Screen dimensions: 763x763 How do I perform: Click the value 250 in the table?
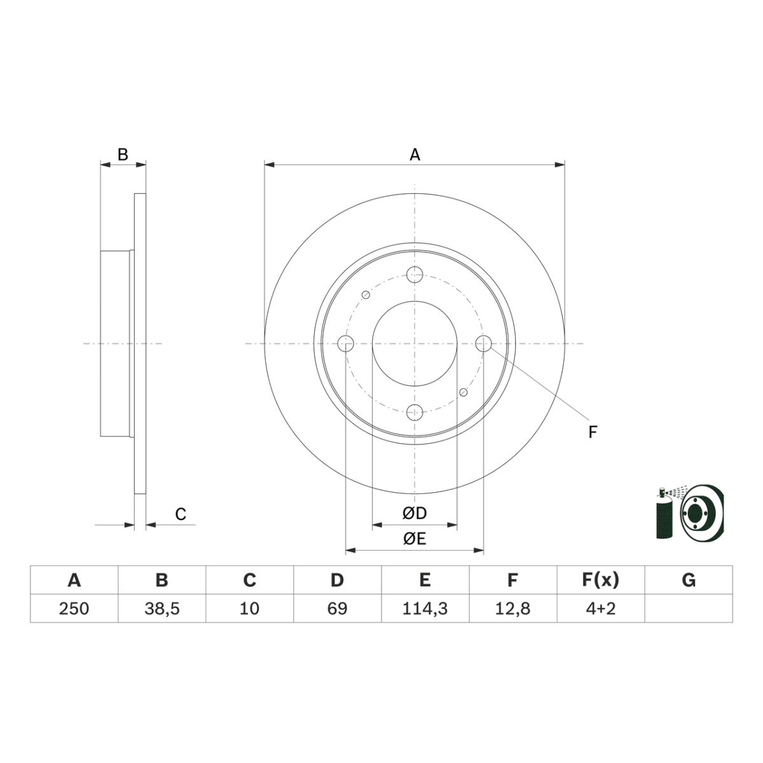click(74, 608)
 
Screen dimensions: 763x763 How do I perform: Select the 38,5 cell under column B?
click(162, 608)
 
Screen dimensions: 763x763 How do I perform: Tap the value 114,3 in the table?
click(425, 608)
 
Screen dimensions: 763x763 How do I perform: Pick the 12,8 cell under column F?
click(512, 608)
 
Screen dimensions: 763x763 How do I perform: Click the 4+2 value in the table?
click(600, 608)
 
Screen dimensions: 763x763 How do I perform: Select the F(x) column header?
click(600, 580)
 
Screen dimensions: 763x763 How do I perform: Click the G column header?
click(688, 580)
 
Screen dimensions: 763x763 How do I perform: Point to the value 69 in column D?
click(337, 608)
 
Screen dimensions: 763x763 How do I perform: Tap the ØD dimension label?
click(414, 513)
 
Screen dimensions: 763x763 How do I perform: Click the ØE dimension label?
click(414, 539)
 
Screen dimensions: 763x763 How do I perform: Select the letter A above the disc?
click(415, 155)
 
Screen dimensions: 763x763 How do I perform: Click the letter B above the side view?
click(123, 155)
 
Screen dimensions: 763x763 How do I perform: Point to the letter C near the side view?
click(181, 514)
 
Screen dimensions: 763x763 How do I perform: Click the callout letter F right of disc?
click(593, 433)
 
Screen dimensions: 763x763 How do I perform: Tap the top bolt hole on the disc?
click(415, 275)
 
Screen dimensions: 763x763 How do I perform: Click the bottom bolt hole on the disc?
click(415, 412)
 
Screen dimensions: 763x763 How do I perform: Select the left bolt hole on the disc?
click(346, 343)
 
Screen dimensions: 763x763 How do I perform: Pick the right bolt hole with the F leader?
click(483, 343)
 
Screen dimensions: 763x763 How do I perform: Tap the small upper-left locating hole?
click(366, 294)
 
